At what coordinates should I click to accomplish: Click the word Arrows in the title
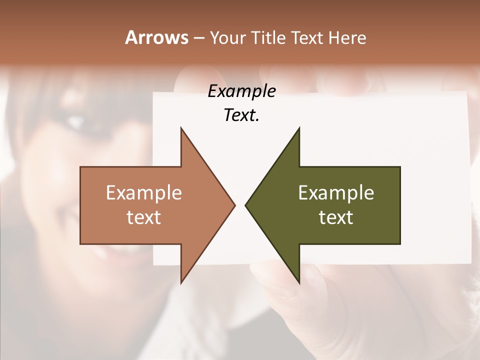point(156,37)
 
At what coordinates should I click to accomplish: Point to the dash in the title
point(198,38)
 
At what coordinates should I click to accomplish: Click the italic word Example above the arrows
point(242,91)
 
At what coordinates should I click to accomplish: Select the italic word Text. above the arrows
point(242,115)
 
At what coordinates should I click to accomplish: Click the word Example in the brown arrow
point(144,193)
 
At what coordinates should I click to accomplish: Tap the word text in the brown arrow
point(144,217)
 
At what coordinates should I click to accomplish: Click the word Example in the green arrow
point(336,193)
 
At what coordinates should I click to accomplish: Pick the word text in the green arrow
point(336,217)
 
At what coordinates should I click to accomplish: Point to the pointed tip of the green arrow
point(246,205)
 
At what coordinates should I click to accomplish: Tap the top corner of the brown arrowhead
point(181,128)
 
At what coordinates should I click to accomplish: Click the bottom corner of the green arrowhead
point(299,282)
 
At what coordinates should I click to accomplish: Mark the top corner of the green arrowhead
point(299,128)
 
